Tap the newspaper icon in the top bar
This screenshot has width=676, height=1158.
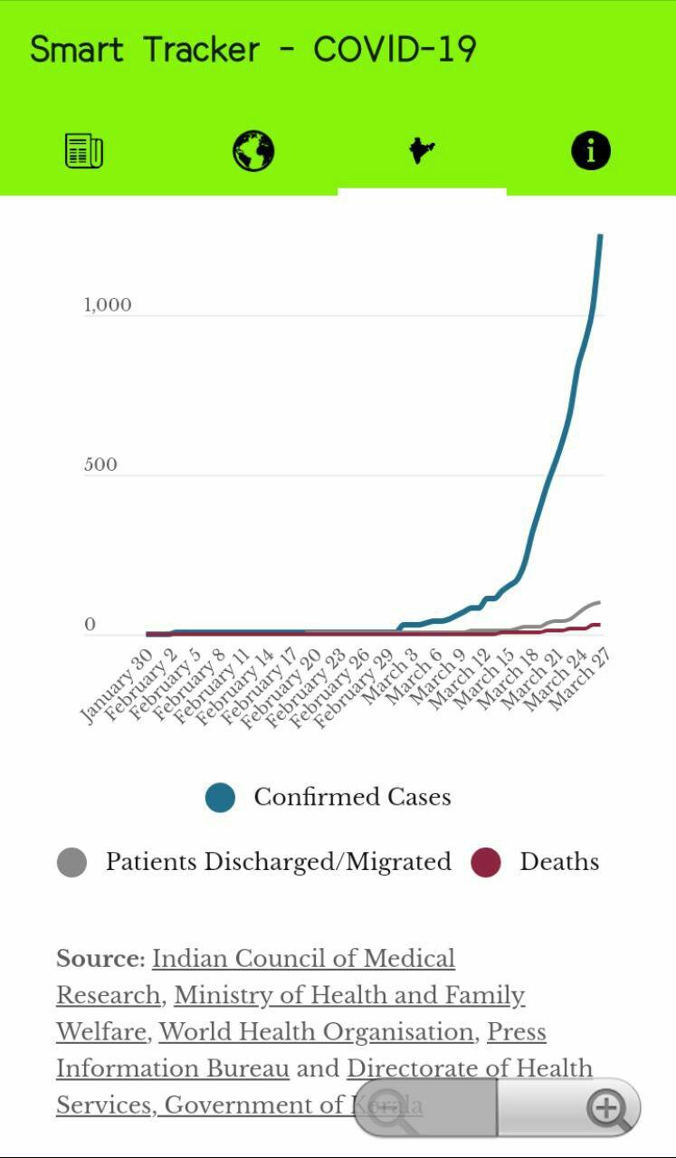click(x=84, y=150)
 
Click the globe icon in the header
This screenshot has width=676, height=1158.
click(x=253, y=150)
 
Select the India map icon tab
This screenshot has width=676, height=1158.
click(x=422, y=150)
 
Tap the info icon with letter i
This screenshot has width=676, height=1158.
click(x=591, y=150)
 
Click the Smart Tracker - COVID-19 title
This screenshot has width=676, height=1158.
click(x=253, y=49)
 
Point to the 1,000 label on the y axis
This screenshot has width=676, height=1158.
click(x=108, y=305)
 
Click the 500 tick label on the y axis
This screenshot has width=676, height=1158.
click(x=100, y=464)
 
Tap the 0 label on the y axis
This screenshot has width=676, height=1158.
click(x=90, y=625)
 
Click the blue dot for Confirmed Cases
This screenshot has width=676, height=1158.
click(x=220, y=798)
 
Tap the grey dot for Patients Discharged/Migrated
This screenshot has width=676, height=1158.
click(x=71, y=862)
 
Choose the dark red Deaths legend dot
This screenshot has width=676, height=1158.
click(x=486, y=862)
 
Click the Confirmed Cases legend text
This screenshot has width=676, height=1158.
click(x=352, y=797)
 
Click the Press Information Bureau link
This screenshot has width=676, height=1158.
click(x=172, y=1069)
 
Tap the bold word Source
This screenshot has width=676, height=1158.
click(x=100, y=959)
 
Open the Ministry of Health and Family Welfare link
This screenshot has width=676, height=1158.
click(x=349, y=996)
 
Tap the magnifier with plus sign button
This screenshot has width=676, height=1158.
click(x=609, y=1107)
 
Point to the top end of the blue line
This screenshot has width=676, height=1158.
click(x=600, y=237)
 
